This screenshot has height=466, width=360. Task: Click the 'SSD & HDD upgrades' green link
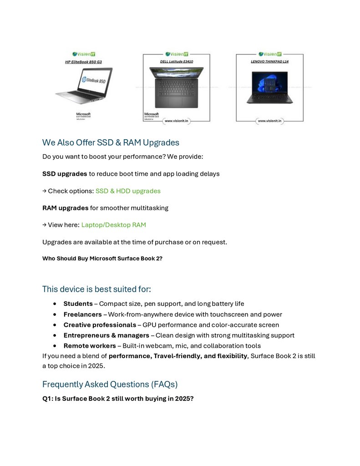128,191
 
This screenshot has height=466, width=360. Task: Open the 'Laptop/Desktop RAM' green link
113,225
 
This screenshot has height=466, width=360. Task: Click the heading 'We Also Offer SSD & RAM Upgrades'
111,142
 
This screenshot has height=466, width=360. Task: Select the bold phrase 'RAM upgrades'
66,208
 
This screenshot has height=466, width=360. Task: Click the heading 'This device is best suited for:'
96,289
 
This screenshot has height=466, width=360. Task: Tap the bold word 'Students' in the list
78,304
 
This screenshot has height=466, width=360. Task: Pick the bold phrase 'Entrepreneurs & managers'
106,335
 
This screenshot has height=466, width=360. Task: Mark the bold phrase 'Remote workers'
89,346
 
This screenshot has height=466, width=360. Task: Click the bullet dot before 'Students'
55,304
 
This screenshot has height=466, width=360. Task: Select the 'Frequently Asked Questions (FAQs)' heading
110,384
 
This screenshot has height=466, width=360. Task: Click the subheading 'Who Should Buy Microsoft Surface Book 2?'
102,258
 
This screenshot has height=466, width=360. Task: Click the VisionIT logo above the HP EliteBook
84,54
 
